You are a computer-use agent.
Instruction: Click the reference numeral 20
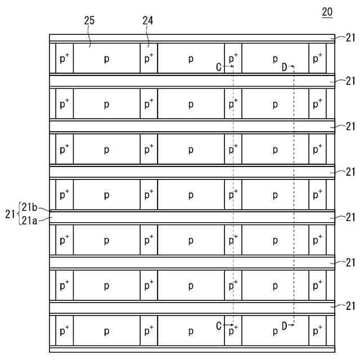(x=326, y=12)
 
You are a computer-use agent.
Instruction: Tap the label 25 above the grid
(x=89, y=21)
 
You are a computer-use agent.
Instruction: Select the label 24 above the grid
(x=148, y=21)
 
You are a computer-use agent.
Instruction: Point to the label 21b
(x=30, y=206)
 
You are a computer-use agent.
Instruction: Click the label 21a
(x=30, y=220)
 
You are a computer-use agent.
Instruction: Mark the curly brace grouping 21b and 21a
(x=19, y=214)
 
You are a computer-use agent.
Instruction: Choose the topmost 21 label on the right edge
(x=350, y=38)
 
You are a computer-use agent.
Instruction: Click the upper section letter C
(x=219, y=67)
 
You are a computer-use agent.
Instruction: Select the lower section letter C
(x=219, y=325)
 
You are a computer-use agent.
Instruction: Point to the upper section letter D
(x=284, y=67)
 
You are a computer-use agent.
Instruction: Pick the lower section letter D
(x=284, y=325)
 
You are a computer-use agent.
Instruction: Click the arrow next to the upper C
(x=228, y=66)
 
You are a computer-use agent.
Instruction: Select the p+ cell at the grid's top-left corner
(x=64, y=58)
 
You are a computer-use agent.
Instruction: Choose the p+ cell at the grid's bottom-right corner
(x=317, y=331)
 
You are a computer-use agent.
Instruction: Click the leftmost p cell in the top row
(x=106, y=58)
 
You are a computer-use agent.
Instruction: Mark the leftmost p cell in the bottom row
(x=106, y=331)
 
